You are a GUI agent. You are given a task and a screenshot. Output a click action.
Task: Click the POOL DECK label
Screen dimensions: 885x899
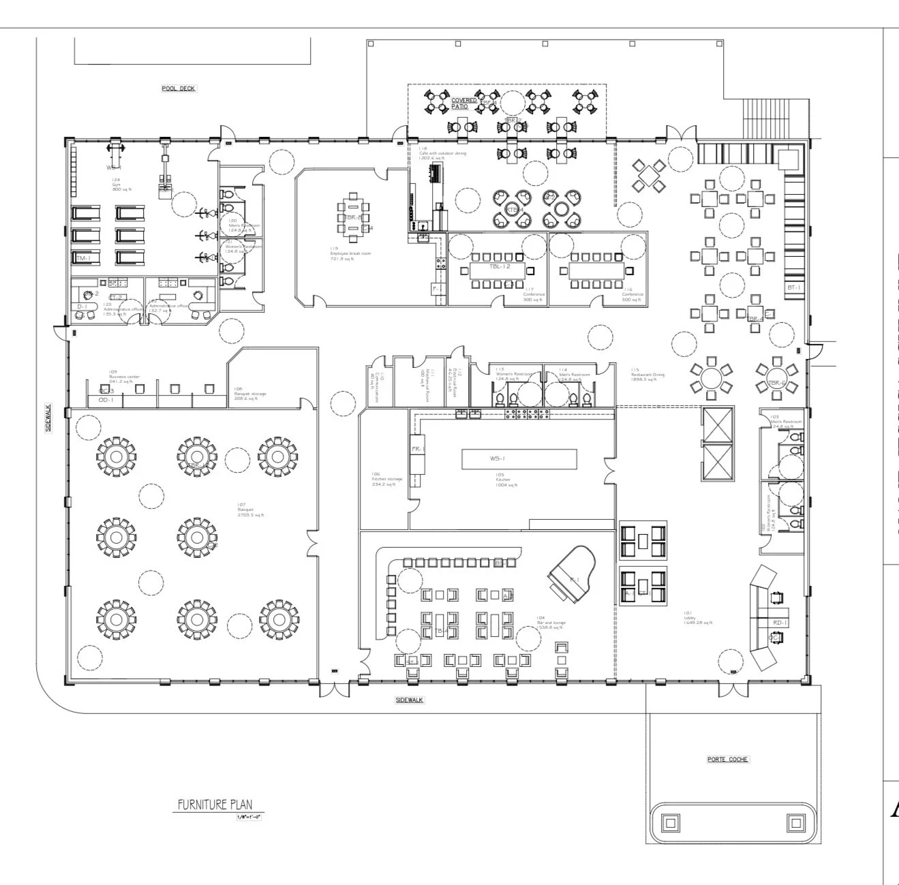pyautogui.click(x=179, y=89)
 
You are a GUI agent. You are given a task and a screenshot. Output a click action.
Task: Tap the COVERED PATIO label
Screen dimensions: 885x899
pyautogui.click(x=464, y=104)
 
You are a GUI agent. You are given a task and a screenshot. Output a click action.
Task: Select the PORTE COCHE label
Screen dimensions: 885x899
pyautogui.click(x=727, y=759)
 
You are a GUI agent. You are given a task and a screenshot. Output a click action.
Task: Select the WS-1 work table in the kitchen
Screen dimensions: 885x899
pyautogui.click(x=519, y=459)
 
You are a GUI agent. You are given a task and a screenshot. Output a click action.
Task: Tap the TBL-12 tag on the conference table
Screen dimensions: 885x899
pyautogui.click(x=500, y=266)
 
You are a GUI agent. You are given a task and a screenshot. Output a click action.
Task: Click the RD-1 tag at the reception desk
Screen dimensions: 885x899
pyautogui.click(x=780, y=623)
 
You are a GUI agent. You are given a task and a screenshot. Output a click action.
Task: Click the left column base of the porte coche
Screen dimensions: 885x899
pyautogui.click(x=670, y=823)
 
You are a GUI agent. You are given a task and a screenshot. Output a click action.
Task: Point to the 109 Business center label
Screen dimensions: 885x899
pyautogui.click(x=124, y=375)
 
